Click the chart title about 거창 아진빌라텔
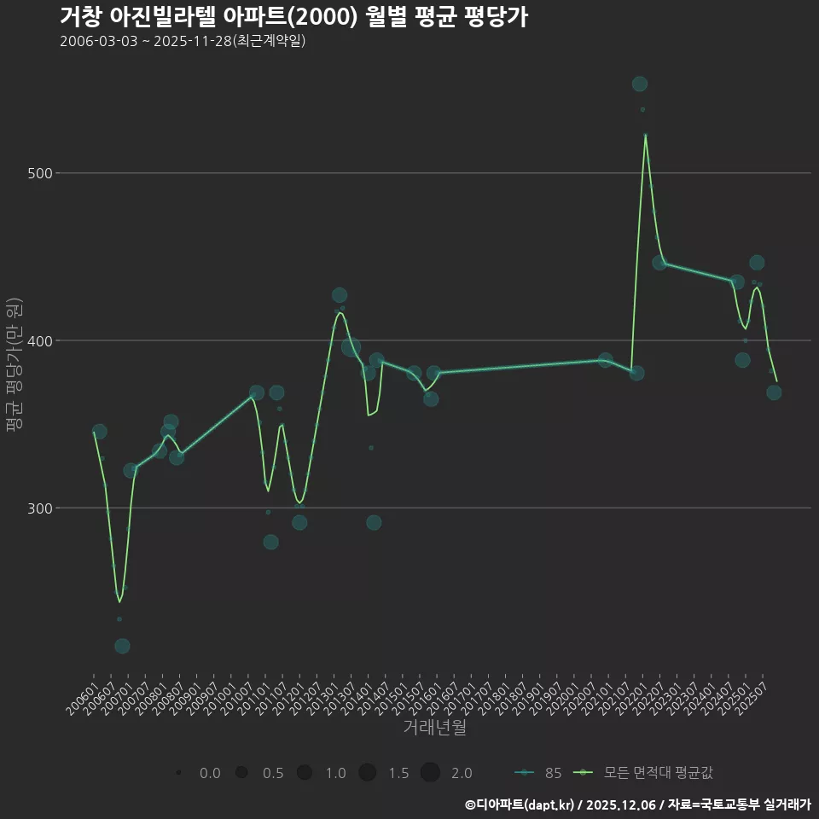coord(293,17)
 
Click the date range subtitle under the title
coord(183,42)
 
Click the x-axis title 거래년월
coord(434,728)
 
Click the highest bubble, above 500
coord(639,84)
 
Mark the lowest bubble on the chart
coord(122,646)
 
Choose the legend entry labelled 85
coord(539,773)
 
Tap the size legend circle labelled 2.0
coord(430,773)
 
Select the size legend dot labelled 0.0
coord(178,773)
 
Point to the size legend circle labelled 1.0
coord(305,773)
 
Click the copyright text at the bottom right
coord(637,804)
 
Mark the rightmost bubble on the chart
coord(774,392)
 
